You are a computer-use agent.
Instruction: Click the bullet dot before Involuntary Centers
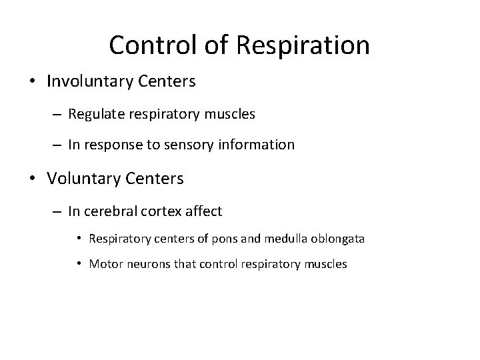point(32,83)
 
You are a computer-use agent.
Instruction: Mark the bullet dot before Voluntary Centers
point(32,179)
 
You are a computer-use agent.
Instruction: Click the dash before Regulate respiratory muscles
point(58,115)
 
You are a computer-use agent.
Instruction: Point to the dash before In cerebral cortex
point(58,212)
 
